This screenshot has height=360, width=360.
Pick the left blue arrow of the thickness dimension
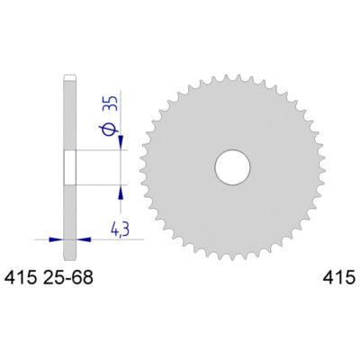tap(56, 239)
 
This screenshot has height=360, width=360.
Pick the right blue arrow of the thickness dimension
tap(84, 239)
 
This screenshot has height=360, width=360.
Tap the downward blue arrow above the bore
tap(121, 143)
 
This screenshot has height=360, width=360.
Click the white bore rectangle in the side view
tap(69, 166)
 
